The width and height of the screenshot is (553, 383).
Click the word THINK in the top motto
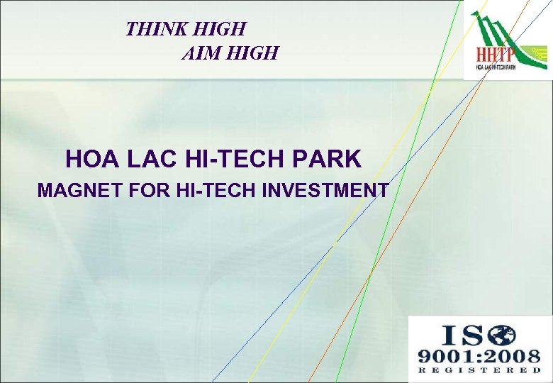pyautogui.click(x=150, y=29)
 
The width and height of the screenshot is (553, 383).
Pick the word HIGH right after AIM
pyautogui.click(x=251, y=52)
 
